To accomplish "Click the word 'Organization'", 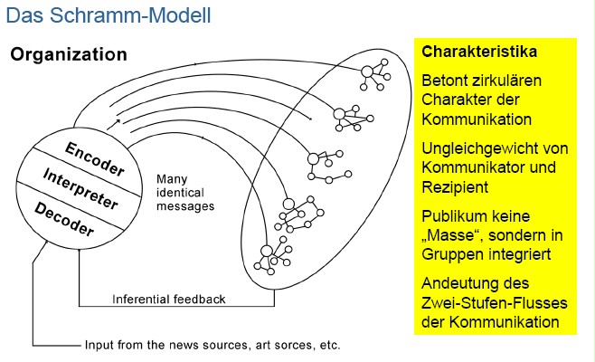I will point(69,54).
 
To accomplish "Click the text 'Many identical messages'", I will point(184,192).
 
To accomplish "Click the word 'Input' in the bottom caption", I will point(99,345).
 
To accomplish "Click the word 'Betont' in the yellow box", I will point(443,80).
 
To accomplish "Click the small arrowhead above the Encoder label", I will point(118,120).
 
